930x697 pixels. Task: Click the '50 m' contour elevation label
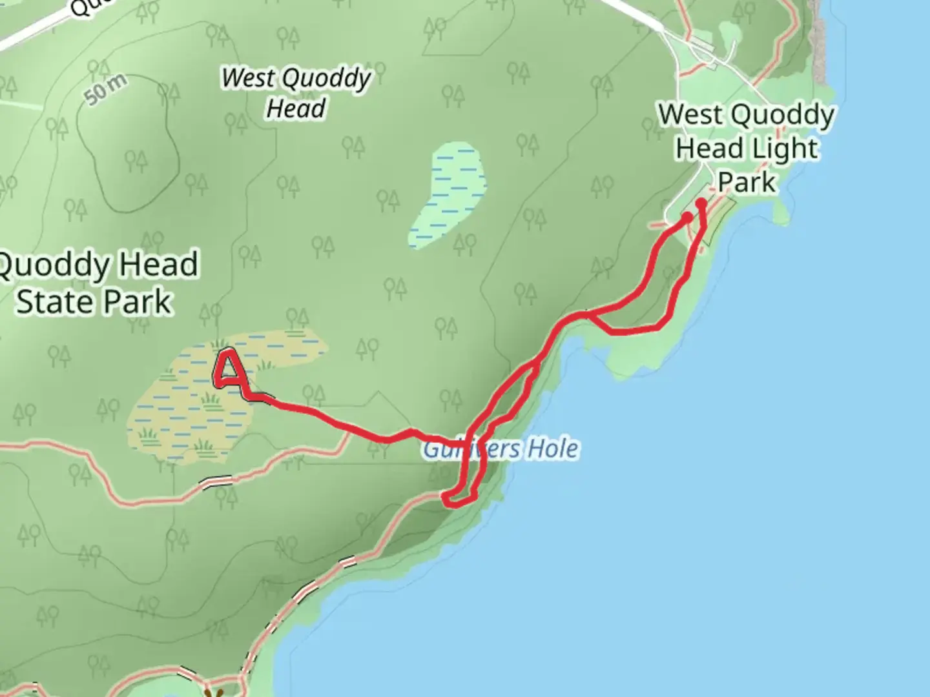pos(106,88)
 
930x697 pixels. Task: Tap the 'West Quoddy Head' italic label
pos(296,93)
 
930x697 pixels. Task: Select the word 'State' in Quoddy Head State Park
pos(54,301)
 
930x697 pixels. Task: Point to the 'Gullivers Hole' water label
pos(501,449)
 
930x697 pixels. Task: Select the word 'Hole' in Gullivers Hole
pos(553,449)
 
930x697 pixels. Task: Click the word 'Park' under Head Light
pos(747,182)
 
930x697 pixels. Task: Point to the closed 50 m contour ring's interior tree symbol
pos(135,159)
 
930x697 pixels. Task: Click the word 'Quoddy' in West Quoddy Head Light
pos(783,116)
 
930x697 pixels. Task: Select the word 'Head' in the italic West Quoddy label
pos(296,108)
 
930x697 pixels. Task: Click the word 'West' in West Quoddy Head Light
pos(691,115)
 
